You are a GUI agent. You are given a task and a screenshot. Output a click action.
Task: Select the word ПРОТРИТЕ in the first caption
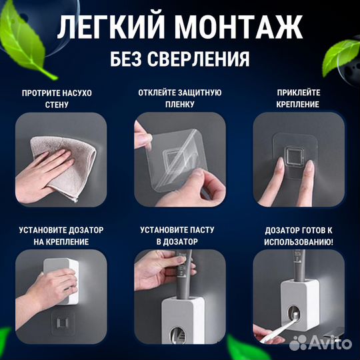[42, 93]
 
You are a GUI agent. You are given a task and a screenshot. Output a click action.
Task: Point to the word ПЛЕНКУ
[179, 104]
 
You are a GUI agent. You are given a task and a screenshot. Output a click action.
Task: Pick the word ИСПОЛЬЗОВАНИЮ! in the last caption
[299, 241]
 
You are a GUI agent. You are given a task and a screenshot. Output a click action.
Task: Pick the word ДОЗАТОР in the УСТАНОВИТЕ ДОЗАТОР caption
[87, 230]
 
